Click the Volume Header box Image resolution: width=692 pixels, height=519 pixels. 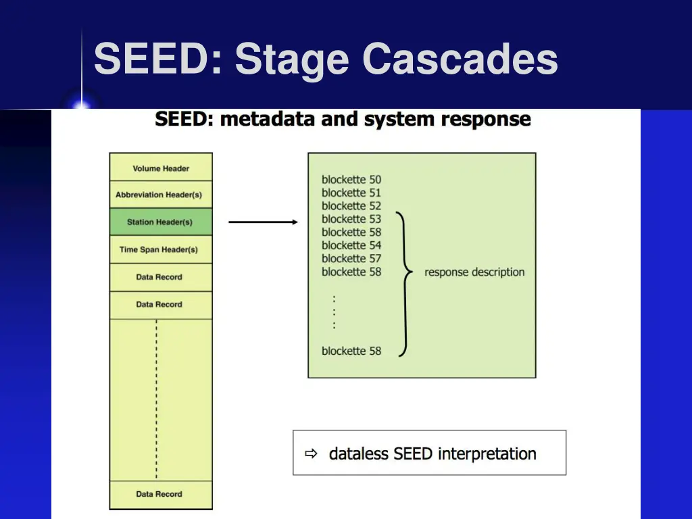(x=161, y=168)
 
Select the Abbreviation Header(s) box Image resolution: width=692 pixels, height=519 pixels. (x=161, y=195)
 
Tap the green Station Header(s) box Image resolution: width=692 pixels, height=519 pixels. (x=161, y=222)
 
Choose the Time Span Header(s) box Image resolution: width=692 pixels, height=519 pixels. (x=161, y=249)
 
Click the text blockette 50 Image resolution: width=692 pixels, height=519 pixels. (x=351, y=180)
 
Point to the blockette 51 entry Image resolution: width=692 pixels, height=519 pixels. (x=351, y=193)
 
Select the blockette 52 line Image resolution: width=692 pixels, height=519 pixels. (x=351, y=206)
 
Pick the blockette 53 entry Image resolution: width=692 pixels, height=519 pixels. (x=351, y=219)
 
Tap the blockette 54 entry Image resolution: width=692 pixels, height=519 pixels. (x=351, y=245)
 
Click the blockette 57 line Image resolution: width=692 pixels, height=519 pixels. (x=351, y=259)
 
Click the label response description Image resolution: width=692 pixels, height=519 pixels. (x=474, y=272)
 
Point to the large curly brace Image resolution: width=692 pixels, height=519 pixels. (x=405, y=285)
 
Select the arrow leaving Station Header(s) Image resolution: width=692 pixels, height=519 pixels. (x=264, y=222)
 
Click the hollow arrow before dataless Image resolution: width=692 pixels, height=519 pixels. (x=311, y=453)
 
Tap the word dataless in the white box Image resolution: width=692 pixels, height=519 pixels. (x=358, y=453)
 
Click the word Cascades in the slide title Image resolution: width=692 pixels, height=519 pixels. (x=460, y=59)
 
